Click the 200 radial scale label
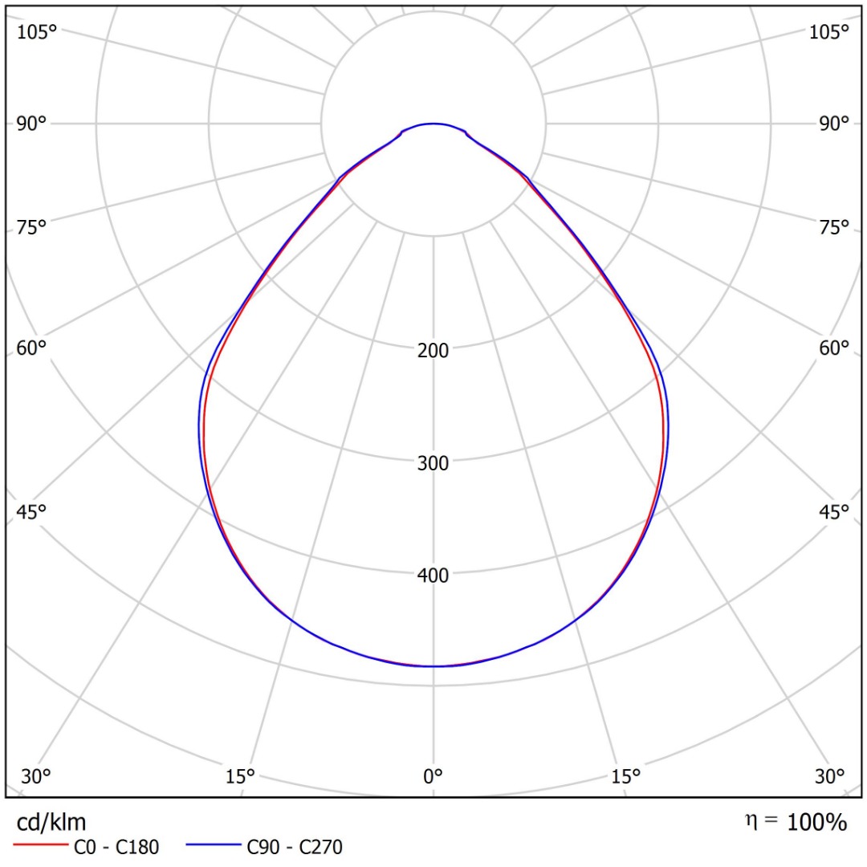click(x=433, y=350)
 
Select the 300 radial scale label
click(x=433, y=462)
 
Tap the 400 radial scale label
click(x=433, y=575)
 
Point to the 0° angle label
click(x=433, y=776)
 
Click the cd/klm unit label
click(x=51, y=821)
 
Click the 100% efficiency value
click(x=816, y=822)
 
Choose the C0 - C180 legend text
click(x=116, y=846)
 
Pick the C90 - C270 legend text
click(x=295, y=846)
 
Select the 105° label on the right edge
click(x=828, y=32)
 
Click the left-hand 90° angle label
click(x=32, y=124)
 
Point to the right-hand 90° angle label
click(x=833, y=124)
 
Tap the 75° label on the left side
click(x=32, y=228)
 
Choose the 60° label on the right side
click(x=833, y=348)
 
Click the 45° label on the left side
click(x=32, y=512)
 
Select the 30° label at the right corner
click(x=830, y=776)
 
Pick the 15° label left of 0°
click(x=240, y=776)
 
